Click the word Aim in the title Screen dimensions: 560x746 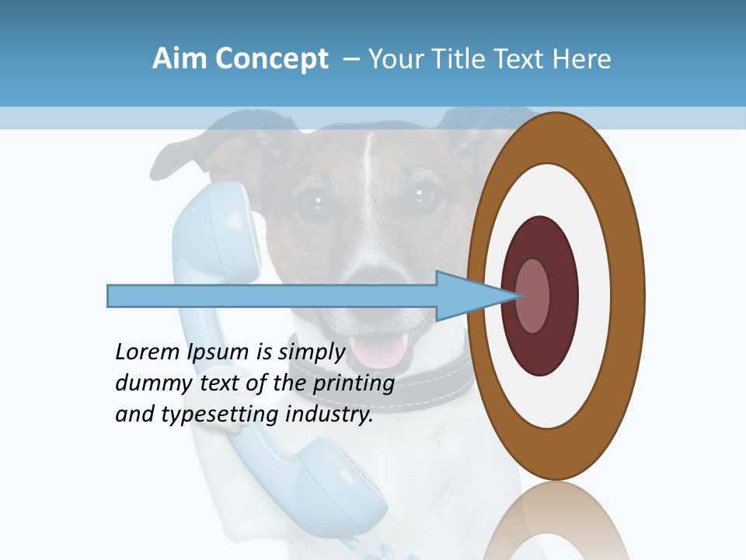pyautogui.click(x=180, y=59)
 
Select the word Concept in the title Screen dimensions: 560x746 pyautogui.click(x=271, y=59)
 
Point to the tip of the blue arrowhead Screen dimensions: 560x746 pyautogui.click(x=518, y=296)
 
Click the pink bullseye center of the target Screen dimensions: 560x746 pyautogui.click(x=534, y=296)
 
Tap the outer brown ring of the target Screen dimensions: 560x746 pyautogui.click(x=629, y=296)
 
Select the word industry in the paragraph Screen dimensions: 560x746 pyautogui.click(x=329, y=415)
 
